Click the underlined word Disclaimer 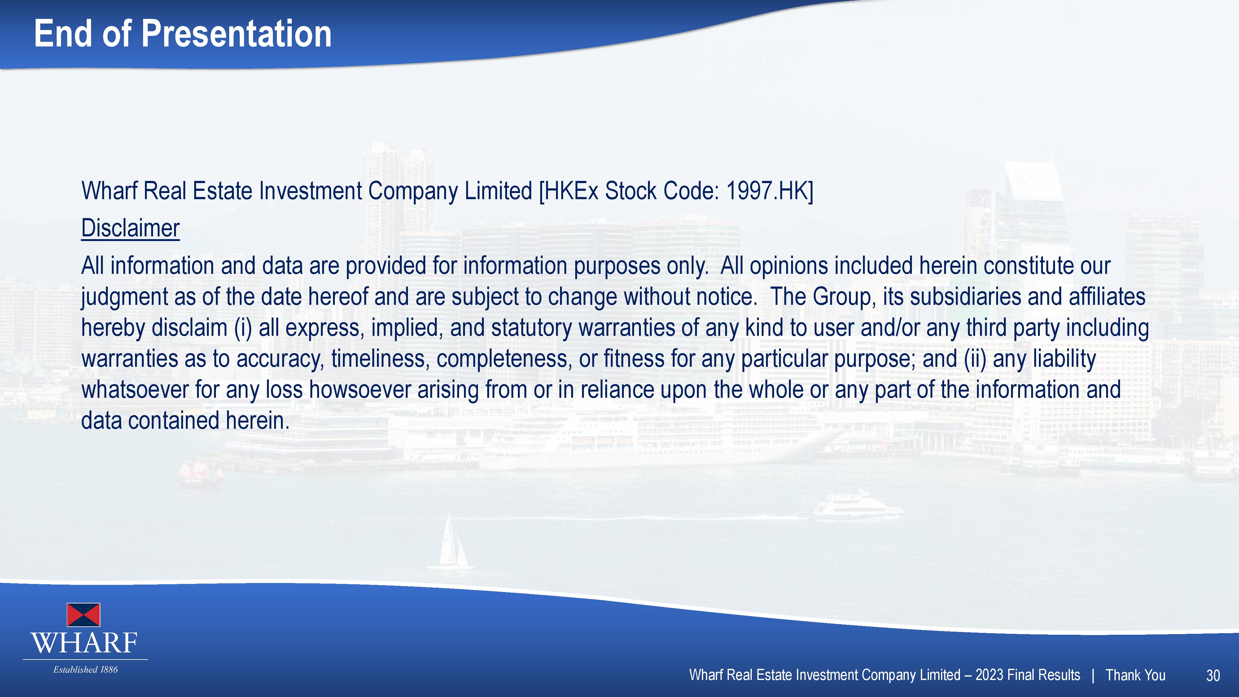click(130, 228)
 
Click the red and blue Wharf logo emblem click(83, 615)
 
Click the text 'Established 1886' click(85, 669)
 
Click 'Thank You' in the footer click(1135, 675)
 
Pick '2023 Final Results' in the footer click(1028, 675)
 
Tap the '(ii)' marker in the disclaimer click(975, 359)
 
